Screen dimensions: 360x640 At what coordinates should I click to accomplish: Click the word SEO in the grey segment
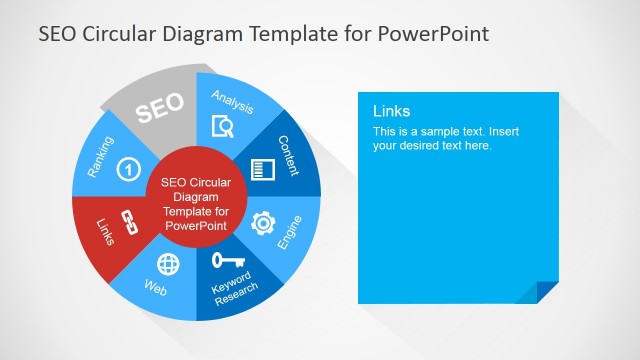pos(160,110)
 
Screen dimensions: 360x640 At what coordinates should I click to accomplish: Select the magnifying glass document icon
pos(224,126)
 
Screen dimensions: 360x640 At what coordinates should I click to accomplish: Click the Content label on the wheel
pos(288,155)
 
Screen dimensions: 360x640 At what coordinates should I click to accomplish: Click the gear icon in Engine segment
pos(263,222)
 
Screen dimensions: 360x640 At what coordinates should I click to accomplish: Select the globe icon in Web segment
pos(169,264)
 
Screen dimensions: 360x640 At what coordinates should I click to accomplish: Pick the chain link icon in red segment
pos(127,222)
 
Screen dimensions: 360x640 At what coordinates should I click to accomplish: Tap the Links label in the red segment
pos(105,231)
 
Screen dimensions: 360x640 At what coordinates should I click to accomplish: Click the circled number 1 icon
pos(127,169)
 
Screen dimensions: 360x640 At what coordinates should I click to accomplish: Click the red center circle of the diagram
pos(195,204)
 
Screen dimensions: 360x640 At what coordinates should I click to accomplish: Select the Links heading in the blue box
pos(392,112)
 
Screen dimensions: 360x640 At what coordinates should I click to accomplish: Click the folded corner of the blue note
pos(548,291)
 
